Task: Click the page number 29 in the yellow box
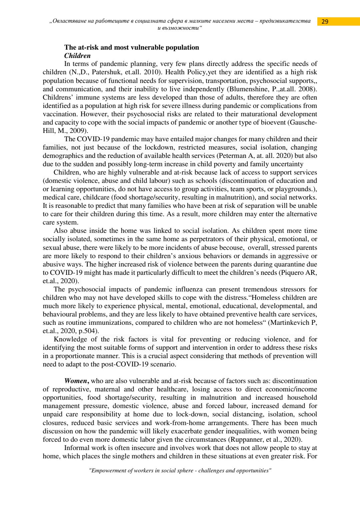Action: click(x=325, y=22)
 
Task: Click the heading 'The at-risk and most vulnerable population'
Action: click(x=131, y=47)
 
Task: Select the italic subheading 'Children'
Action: click(x=77, y=56)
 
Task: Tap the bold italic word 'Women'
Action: click(x=76, y=381)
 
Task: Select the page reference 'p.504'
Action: click(x=87, y=331)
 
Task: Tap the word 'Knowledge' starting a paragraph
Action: click(x=70, y=339)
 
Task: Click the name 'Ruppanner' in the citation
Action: click(x=245, y=439)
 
